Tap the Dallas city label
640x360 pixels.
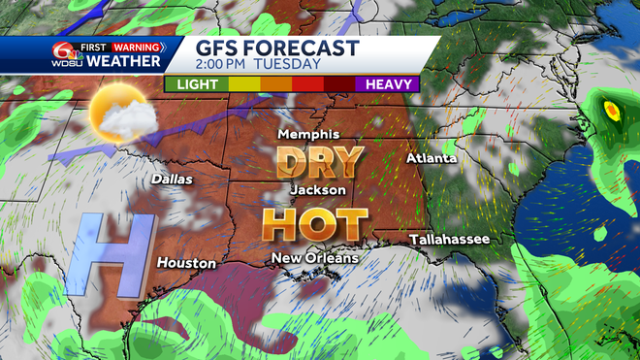pos(172,180)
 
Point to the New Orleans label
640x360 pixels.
pos(314,258)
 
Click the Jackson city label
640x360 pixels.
pos(318,190)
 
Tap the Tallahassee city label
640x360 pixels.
pos(449,239)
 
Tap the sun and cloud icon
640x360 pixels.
pos(120,115)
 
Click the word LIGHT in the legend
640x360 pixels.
pos(196,84)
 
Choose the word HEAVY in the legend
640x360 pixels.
pos(390,84)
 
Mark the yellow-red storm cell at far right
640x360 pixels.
pos(612,111)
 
